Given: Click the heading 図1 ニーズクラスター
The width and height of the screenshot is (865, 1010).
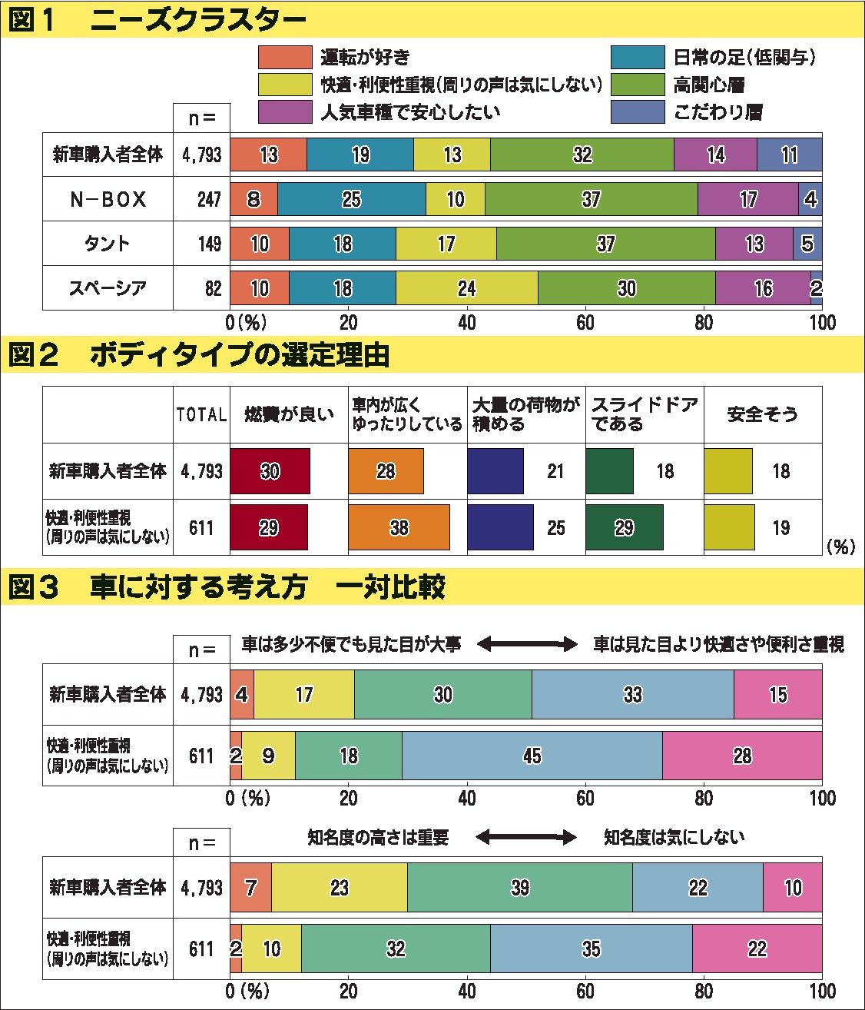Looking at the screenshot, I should pyautogui.click(x=157, y=22).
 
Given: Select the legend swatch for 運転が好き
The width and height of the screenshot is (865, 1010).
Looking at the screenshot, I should pyautogui.click(x=285, y=58).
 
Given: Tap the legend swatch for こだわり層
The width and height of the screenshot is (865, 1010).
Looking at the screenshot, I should pyautogui.click(x=638, y=111).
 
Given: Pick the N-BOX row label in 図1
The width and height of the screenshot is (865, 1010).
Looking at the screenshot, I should pyautogui.click(x=108, y=200).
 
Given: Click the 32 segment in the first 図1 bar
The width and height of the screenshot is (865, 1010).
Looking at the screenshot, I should pyautogui.click(x=582, y=154).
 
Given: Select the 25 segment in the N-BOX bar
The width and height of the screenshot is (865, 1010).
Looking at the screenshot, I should pyautogui.click(x=351, y=200).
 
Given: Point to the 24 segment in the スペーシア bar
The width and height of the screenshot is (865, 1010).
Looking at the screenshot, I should pyautogui.click(x=466, y=288).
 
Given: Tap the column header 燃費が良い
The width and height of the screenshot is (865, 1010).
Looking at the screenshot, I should pyautogui.click(x=289, y=414).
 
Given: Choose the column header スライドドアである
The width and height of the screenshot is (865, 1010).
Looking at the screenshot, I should pyautogui.click(x=644, y=414).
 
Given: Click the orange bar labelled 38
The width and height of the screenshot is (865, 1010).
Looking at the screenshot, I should pyautogui.click(x=399, y=527).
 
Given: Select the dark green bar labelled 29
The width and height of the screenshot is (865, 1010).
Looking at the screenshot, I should pyautogui.click(x=624, y=527).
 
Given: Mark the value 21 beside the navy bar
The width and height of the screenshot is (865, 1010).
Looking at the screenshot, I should pyautogui.click(x=555, y=471).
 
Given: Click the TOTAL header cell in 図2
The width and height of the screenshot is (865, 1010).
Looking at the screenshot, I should pyautogui.click(x=201, y=414).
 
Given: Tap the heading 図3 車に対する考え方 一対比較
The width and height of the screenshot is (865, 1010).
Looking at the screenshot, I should pyautogui.click(x=227, y=588).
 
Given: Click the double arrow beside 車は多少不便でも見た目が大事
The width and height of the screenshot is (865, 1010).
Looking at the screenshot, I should pyautogui.click(x=526, y=644).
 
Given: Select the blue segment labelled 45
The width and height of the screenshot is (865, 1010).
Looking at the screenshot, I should pyautogui.click(x=532, y=756).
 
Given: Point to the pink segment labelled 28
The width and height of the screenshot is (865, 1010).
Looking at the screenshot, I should pyautogui.click(x=742, y=756).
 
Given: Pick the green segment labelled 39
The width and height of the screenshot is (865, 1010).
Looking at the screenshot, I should pyautogui.click(x=519, y=888).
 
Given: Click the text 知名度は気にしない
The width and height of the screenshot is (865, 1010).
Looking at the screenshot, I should pyautogui.click(x=674, y=837).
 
